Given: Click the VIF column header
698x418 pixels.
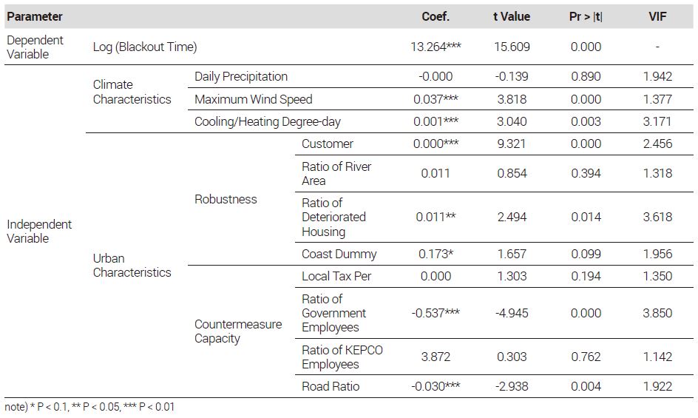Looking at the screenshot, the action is (x=657, y=17).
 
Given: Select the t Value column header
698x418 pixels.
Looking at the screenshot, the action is (x=512, y=17).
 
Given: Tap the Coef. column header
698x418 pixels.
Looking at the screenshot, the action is (x=436, y=17).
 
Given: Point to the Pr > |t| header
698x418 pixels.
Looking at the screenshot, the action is (x=586, y=17).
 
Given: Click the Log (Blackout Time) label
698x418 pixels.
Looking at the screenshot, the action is (x=145, y=47).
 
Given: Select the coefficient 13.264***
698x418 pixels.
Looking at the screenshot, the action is (x=436, y=47).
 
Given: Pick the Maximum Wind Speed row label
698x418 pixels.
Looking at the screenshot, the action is (x=254, y=99).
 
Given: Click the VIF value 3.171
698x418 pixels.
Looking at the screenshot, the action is (x=657, y=121).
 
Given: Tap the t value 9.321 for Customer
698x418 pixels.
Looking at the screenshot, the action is (x=512, y=144).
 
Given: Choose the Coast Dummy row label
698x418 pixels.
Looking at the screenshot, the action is (x=339, y=254).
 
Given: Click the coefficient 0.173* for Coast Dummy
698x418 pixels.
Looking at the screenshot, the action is (x=436, y=254).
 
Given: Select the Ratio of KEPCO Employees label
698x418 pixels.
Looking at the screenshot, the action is (x=342, y=357).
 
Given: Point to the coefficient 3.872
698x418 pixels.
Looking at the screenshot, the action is (x=436, y=357).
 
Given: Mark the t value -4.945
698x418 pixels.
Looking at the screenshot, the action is (x=512, y=313).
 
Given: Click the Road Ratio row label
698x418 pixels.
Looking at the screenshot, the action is (x=331, y=386).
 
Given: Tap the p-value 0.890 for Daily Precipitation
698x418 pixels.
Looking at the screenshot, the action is (x=586, y=76).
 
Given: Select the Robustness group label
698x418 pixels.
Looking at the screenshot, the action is (x=226, y=199).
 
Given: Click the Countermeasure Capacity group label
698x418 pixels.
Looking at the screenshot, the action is (x=237, y=331).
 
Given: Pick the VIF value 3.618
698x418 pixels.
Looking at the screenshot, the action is (x=657, y=217).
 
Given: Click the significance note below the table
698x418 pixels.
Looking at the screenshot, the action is (x=89, y=407).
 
